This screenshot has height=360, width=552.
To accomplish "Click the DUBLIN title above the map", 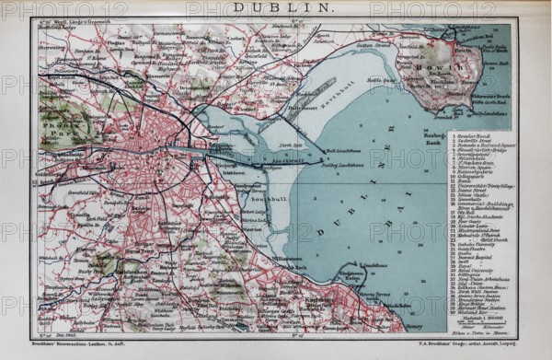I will (277, 8).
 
